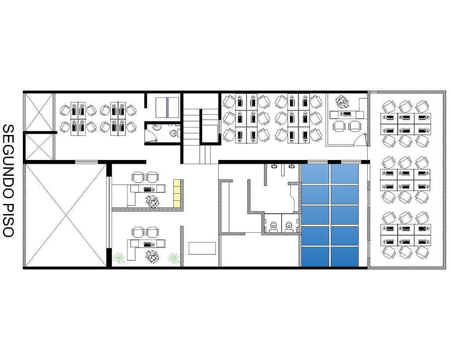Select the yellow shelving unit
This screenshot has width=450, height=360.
tap(177, 193)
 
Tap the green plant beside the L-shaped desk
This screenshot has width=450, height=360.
tap(119, 258)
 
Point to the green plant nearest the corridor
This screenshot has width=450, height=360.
tap(173, 258)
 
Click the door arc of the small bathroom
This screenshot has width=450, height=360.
tap(152, 135)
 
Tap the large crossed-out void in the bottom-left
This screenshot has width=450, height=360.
tap(66, 215)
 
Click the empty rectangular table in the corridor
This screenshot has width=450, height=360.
tap(202, 248)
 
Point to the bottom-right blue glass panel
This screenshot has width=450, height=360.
tap(345, 256)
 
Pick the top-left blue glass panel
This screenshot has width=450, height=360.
tap(315, 173)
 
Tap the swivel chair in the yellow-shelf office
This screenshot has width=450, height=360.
tap(152, 201)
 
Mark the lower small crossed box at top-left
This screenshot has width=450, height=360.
tap(39, 147)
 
